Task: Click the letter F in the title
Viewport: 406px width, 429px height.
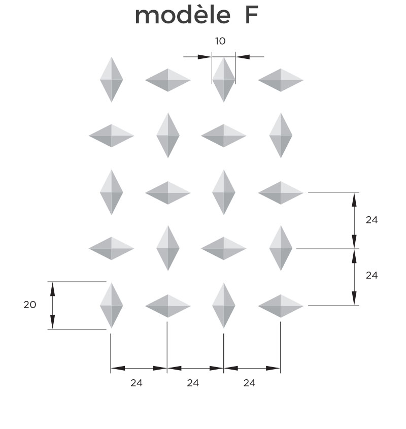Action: tap(252, 16)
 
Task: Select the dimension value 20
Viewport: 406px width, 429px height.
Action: tap(30, 305)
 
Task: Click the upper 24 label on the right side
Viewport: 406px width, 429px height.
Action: tap(371, 220)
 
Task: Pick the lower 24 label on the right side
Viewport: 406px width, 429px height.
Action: tap(371, 275)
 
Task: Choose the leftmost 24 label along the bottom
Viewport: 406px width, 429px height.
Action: tap(136, 383)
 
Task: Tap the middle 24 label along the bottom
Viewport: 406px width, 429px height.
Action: tap(192, 383)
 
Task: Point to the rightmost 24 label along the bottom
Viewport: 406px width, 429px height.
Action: tap(249, 383)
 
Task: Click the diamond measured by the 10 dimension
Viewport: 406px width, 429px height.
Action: tap(224, 80)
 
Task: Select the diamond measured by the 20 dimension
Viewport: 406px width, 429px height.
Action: tap(111, 306)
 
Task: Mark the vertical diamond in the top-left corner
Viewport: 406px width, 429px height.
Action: tap(111, 80)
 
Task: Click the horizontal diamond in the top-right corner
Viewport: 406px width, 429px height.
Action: tap(281, 80)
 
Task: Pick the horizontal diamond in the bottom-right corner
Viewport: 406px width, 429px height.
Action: tap(281, 306)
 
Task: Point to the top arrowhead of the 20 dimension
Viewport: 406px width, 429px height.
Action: tap(52, 289)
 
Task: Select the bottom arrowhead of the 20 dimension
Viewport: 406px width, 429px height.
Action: tap(52, 322)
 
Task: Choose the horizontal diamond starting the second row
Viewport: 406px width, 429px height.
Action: tap(111, 136)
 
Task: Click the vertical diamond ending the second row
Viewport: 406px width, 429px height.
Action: tap(281, 136)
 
